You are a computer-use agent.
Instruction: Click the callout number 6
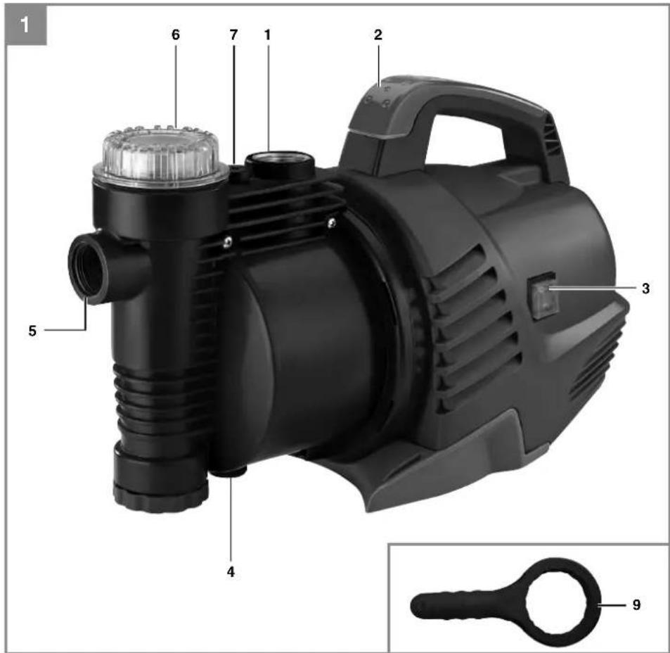[176, 34]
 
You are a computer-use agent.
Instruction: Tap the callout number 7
[233, 34]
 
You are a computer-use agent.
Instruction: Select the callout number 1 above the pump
[267, 34]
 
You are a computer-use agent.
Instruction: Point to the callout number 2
[378, 34]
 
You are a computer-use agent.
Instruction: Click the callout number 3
[645, 289]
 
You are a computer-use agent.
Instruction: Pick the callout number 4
[231, 572]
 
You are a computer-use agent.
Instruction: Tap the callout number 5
[32, 331]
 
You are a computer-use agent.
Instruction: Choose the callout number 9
[636, 604]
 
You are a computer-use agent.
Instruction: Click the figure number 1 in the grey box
[25, 25]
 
